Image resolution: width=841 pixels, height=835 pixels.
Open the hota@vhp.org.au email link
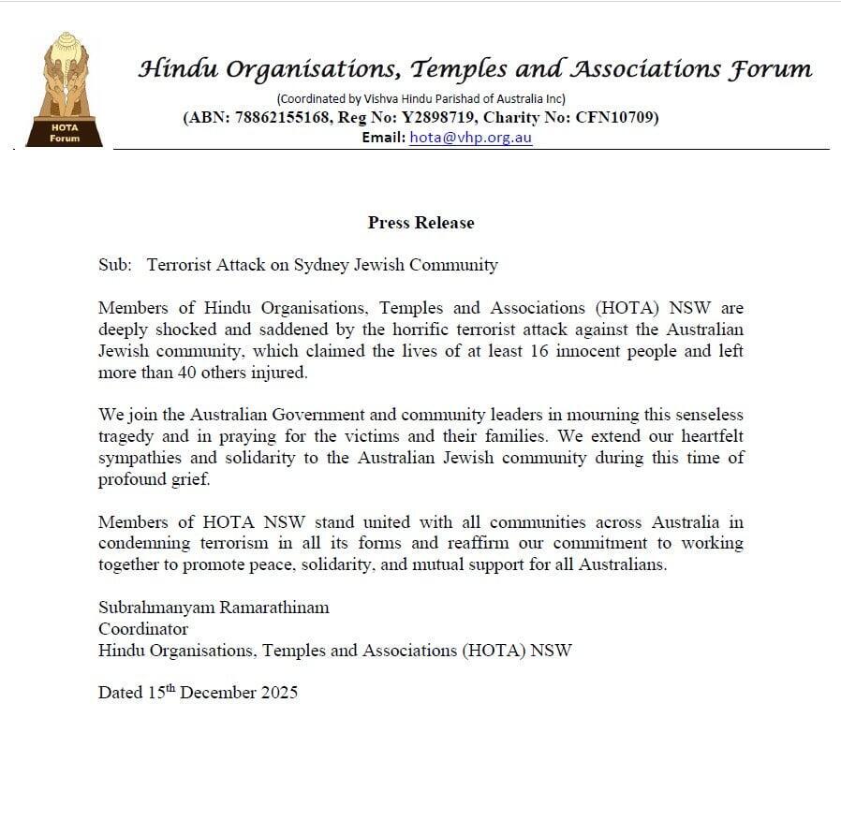471,137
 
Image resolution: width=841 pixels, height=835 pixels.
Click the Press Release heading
420,223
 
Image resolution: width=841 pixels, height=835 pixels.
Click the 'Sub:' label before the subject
114,265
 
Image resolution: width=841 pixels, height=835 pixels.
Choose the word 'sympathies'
141,459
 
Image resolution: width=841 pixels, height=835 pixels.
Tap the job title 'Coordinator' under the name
142,629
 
